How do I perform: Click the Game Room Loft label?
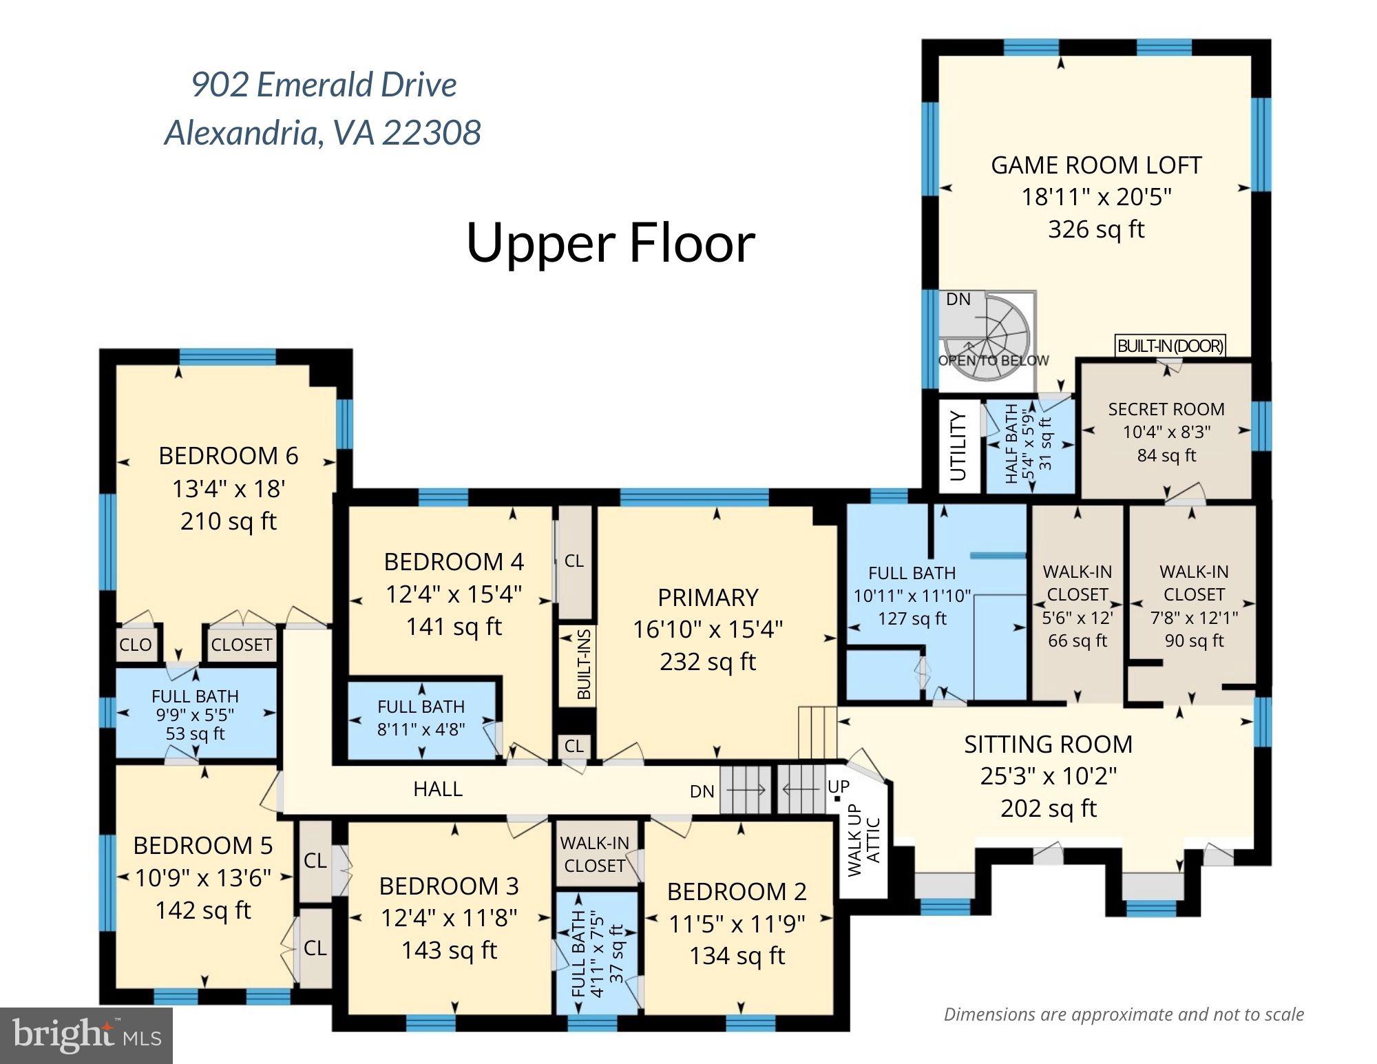click(x=1096, y=165)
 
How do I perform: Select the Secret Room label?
click(x=1166, y=409)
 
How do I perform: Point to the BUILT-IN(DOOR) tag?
click(x=1170, y=346)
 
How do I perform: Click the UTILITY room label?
click(x=958, y=446)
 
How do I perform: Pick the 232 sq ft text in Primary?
click(x=708, y=662)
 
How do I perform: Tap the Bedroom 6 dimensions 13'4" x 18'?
click(x=229, y=489)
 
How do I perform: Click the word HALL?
click(x=438, y=789)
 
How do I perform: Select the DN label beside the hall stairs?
click(x=702, y=791)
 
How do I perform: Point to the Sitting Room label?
click(x=1048, y=744)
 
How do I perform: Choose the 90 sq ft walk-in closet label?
click(x=1194, y=640)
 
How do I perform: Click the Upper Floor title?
click(x=611, y=243)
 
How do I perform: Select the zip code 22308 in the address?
click(x=431, y=132)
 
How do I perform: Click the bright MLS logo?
click(x=86, y=1035)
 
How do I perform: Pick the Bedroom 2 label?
click(x=737, y=892)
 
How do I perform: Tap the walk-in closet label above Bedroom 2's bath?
click(x=594, y=854)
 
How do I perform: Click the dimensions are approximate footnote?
click(x=1124, y=1014)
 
